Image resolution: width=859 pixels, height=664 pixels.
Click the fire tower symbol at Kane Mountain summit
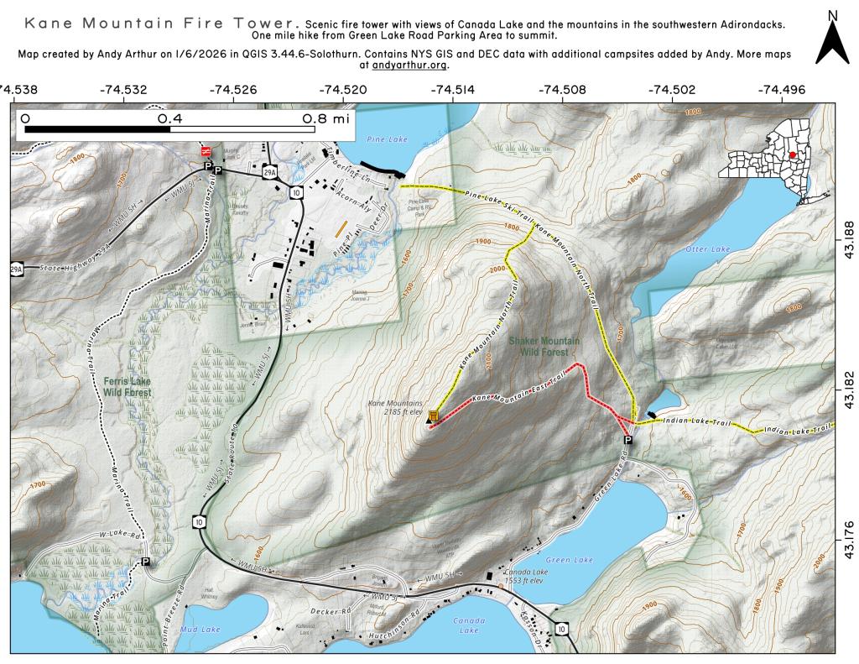pos(434,416)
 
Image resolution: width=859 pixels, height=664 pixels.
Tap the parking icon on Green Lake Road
pos(627,440)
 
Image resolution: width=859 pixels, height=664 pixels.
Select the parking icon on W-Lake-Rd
pos(145,562)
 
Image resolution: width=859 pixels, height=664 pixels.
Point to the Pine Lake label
pos(381,133)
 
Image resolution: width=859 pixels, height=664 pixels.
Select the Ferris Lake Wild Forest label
pos(127,386)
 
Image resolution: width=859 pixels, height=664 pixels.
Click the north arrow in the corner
pos(832,37)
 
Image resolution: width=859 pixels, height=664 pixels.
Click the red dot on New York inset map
pos(792,154)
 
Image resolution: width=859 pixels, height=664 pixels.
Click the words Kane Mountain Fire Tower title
pos(159,23)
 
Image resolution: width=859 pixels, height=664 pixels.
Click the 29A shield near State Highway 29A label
pos(16,269)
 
